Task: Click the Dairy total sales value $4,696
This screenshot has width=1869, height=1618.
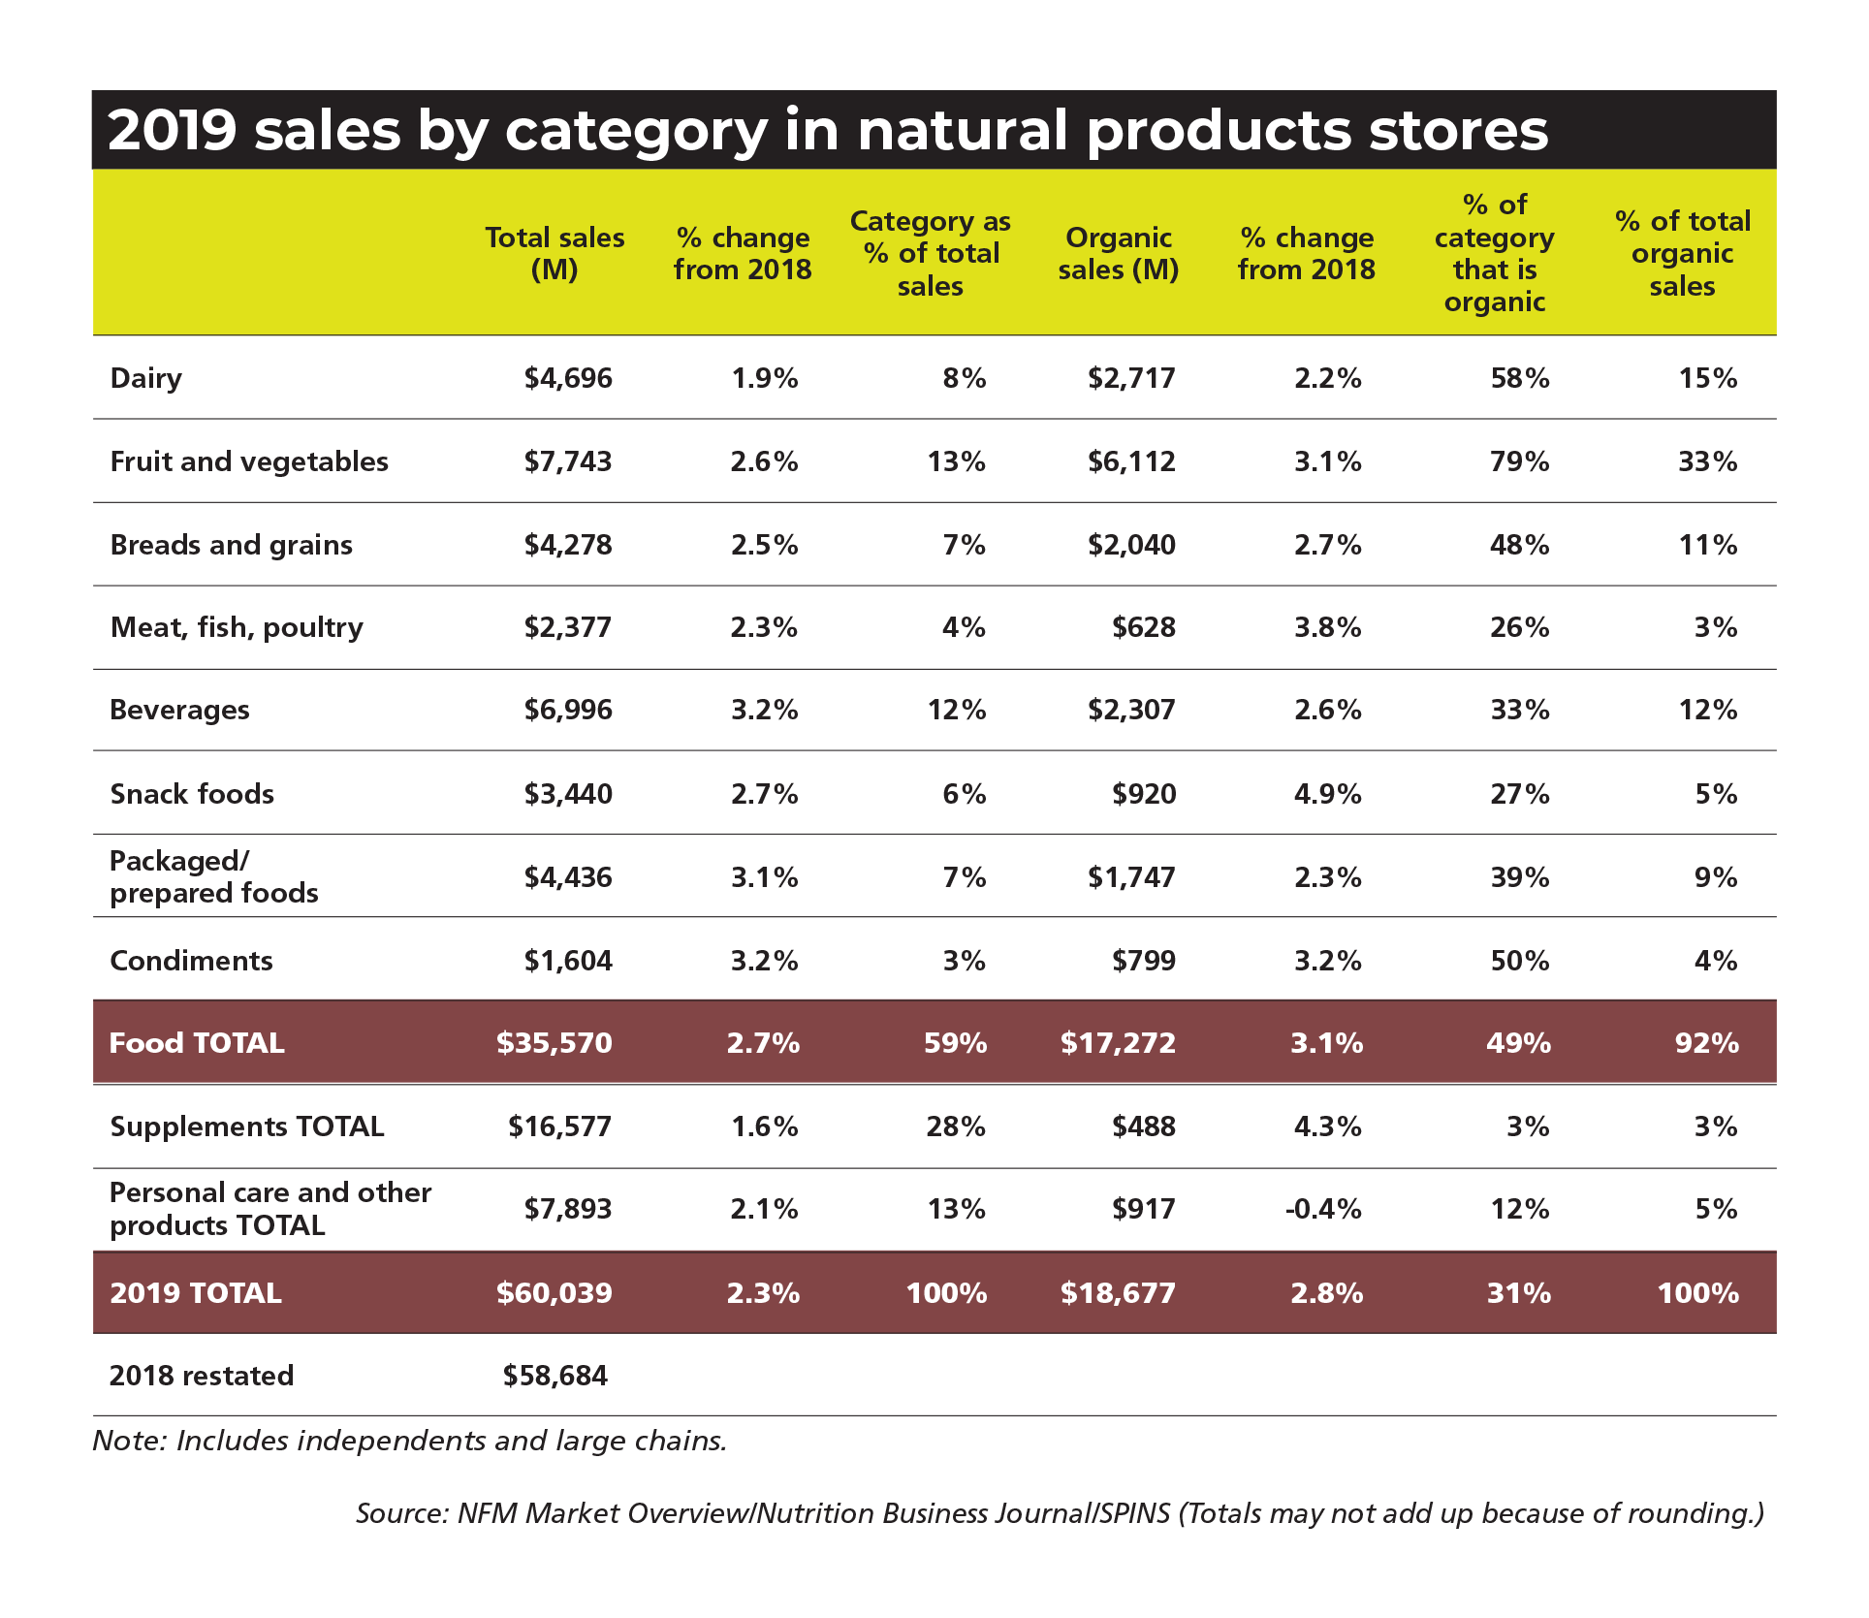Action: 568,378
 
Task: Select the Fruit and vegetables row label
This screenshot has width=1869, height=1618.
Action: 249,461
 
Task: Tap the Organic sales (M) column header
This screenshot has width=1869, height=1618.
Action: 1118,253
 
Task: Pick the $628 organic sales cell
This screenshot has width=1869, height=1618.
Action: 1144,627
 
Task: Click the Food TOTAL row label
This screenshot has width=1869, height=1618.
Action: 197,1043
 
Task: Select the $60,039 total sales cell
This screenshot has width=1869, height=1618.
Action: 554,1292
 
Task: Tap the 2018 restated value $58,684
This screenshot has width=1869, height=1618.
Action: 554,1376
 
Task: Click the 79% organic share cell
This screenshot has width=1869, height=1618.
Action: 1519,461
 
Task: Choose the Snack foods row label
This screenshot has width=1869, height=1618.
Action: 192,794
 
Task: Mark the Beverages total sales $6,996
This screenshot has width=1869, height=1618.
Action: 568,710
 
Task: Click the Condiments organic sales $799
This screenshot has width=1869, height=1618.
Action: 1144,961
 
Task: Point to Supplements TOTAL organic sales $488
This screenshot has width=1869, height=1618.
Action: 1144,1126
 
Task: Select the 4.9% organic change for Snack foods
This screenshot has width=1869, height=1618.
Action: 1327,794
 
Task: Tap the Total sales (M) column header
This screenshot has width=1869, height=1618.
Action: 554,253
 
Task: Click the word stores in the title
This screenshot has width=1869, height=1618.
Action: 1458,130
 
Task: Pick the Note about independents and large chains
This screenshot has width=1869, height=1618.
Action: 409,1441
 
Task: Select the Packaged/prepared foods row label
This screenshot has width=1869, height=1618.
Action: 213,876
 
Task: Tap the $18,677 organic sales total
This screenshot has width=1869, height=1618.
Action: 1118,1292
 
